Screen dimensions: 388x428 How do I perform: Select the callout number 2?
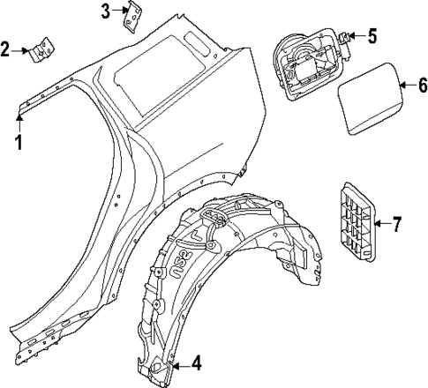(x=7, y=49)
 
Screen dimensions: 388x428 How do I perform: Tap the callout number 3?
(x=107, y=11)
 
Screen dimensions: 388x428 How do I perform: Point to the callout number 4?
(x=195, y=362)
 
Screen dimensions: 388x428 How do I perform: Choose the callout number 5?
(x=372, y=36)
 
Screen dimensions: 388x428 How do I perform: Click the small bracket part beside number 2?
(x=41, y=50)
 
